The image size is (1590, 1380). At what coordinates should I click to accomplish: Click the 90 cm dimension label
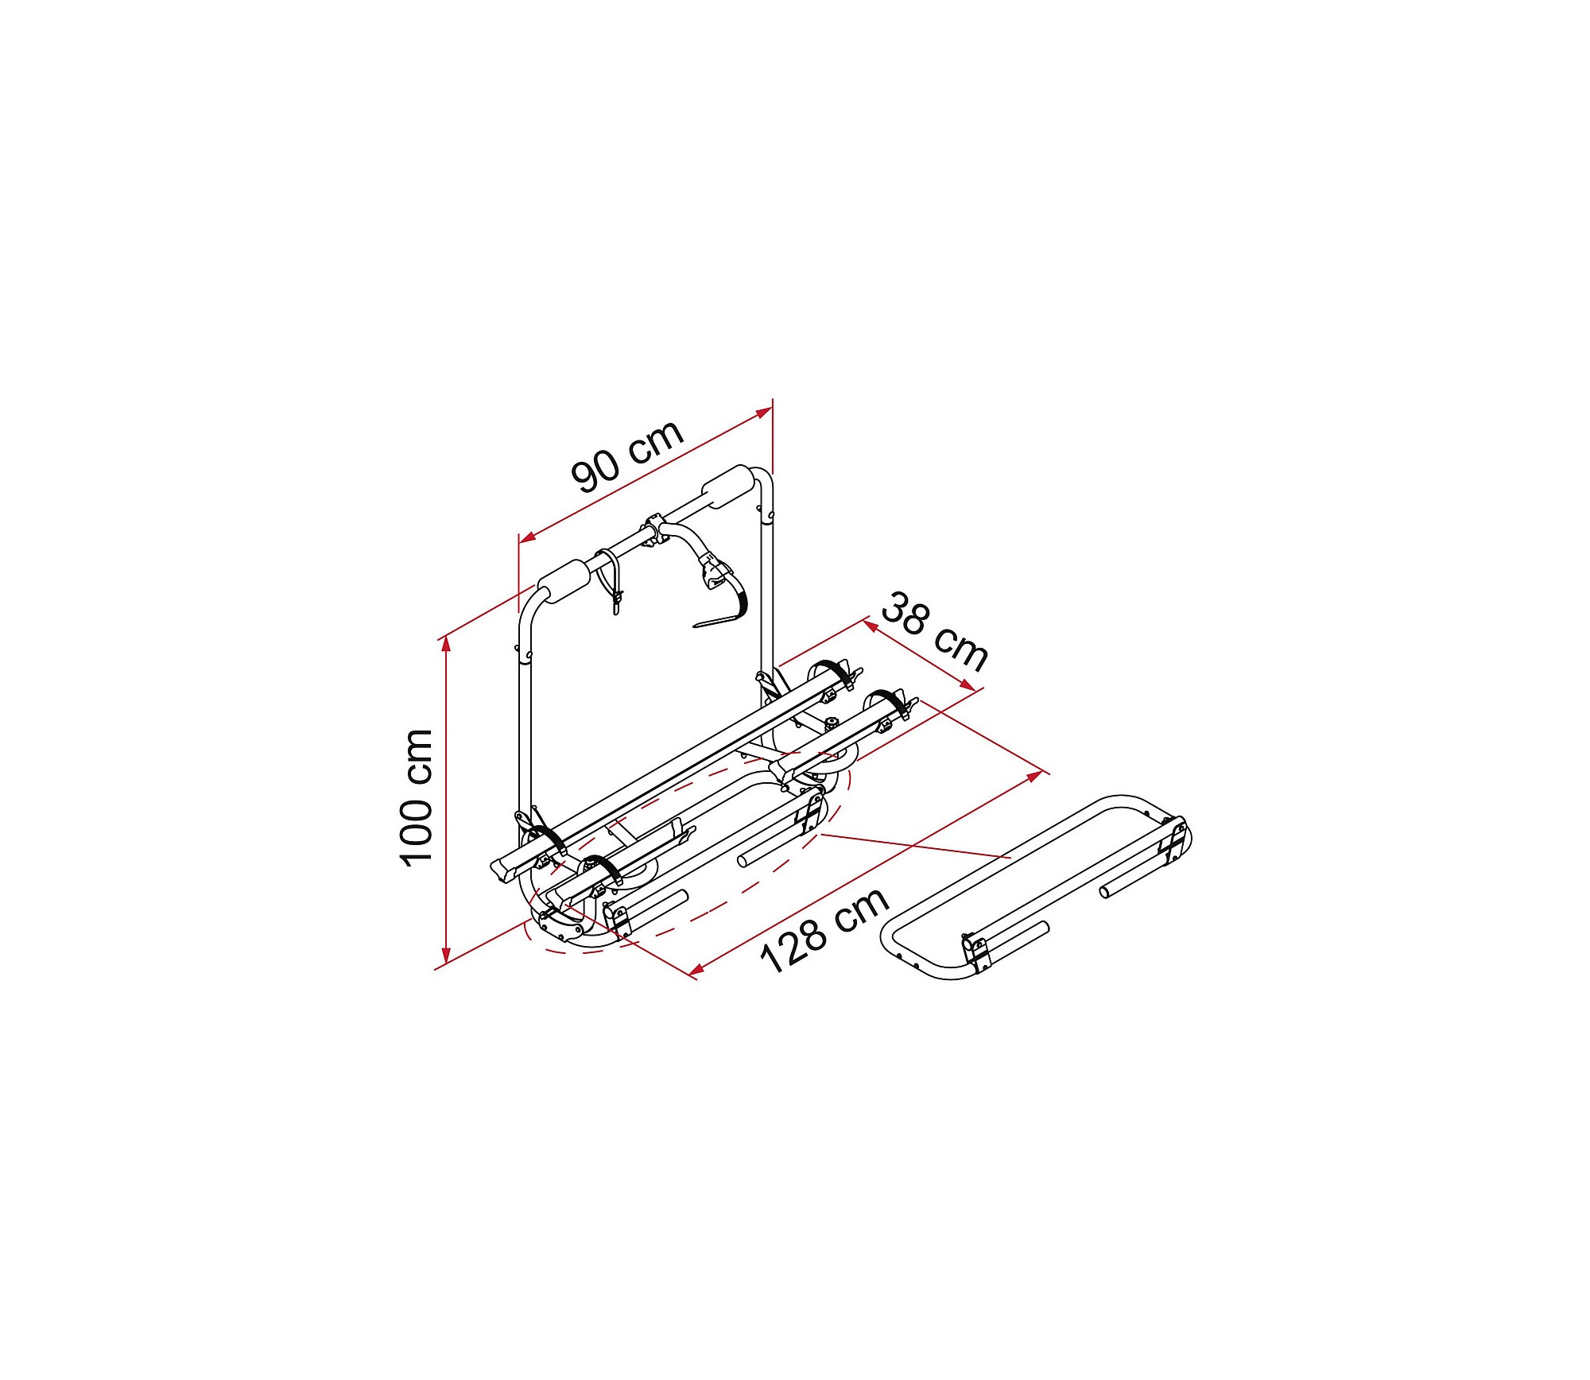coord(627,455)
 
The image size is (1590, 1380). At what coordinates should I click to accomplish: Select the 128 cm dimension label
coord(824,929)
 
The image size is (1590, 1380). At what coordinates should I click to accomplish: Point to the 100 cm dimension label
coord(416,797)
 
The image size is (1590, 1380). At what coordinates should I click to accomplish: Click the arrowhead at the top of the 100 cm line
coord(447,643)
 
